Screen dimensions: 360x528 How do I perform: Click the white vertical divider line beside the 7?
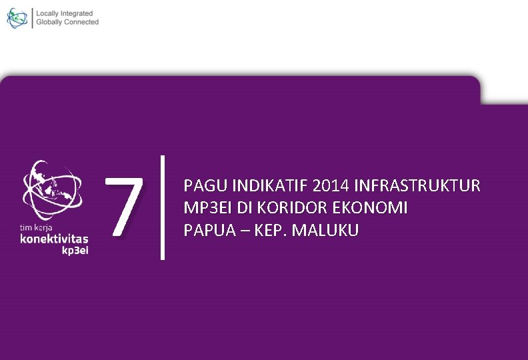[163, 207]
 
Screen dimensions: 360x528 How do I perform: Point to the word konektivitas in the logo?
[54, 239]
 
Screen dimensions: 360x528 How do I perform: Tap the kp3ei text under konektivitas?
[75, 251]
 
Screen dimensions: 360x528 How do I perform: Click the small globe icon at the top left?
[17, 18]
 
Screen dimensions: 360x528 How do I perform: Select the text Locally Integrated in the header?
[65, 13]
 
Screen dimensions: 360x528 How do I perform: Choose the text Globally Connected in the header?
[67, 22]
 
